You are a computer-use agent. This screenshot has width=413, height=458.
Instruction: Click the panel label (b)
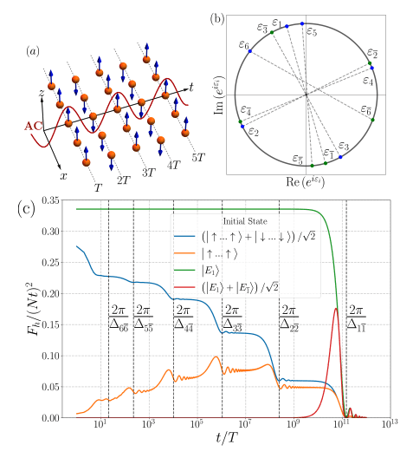click(x=233, y=15)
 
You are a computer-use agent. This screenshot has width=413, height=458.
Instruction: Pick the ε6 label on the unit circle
click(x=244, y=44)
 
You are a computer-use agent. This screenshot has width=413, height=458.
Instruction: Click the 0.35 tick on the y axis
click(x=55, y=201)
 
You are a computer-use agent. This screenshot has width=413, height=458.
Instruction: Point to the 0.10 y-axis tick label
click(x=55, y=356)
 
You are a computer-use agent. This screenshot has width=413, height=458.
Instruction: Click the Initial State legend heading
click(x=246, y=219)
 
